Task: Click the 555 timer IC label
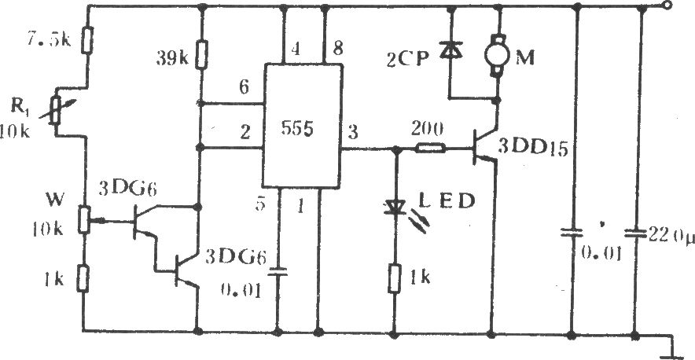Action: (x=297, y=130)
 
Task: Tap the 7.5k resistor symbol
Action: (x=88, y=40)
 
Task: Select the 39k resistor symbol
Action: (x=202, y=55)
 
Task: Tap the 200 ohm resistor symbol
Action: (x=430, y=148)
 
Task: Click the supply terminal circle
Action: (x=666, y=6)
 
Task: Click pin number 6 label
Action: (x=245, y=88)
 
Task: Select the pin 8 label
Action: (x=338, y=49)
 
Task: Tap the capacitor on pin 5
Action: (x=278, y=271)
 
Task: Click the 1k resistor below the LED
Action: (x=394, y=278)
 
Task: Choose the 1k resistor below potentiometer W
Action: (x=83, y=278)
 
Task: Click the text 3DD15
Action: (x=533, y=149)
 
